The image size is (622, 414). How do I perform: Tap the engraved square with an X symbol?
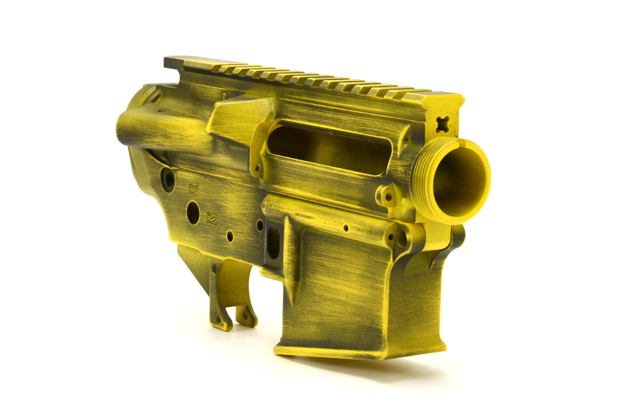[x=212, y=218]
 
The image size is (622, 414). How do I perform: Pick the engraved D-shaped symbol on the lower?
[x=194, y=189]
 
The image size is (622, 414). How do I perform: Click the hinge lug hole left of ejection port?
[x=257, y=167]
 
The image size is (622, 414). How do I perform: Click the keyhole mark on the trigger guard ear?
[x=214, y=269]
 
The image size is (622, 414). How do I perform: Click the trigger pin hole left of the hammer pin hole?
[x=230, y=236]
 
